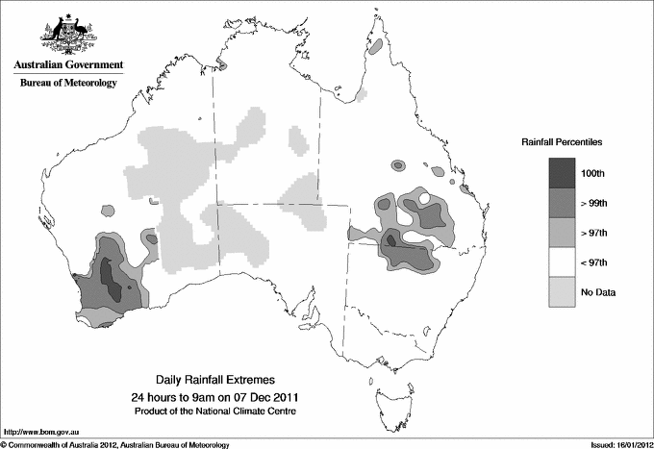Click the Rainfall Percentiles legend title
click(562, 142)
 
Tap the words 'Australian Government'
click(68, 65)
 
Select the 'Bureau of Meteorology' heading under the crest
click(68, 83)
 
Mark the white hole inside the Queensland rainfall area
click(425, 200)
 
